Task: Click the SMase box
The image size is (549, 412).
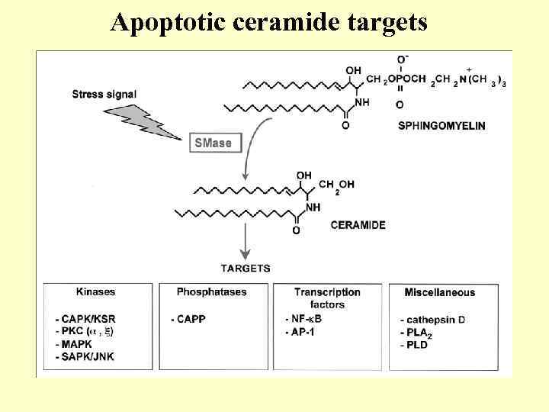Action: pyautogui.click(x=213, y=143)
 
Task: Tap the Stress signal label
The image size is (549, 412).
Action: pyautogui.click(x=104, y=95)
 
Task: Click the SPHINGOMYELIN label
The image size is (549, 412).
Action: pyautogui.click(x=441, y=125)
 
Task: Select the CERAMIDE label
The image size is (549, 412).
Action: pyautogui.click(x=358, y=225)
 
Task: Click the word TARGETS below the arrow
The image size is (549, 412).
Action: pyautogui.click(x=246, y=268)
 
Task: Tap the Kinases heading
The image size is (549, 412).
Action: pyautogui.click(x=96, y=291)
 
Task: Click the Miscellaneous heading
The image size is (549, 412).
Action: pyautogui.click(x=439, y=291)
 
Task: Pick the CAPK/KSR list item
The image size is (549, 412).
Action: pyautogui.click(x=87, y=319)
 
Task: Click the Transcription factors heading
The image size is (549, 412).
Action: pyautogui.click(x=327, y=298)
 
